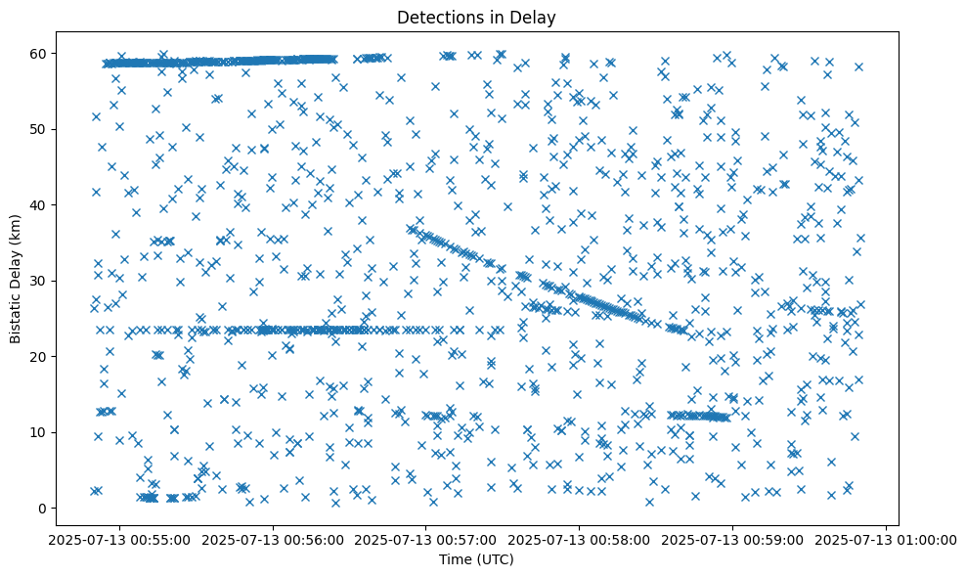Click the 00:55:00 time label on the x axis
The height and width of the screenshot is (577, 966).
[118, 539]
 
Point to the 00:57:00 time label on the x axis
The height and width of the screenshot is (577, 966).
[425, 539]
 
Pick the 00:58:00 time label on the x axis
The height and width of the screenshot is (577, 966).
[579, 539]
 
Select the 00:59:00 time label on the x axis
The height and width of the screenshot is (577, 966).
[732, 539]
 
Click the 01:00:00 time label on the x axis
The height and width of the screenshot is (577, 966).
[886, 539]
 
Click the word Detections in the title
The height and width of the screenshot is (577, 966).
[437, 17]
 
